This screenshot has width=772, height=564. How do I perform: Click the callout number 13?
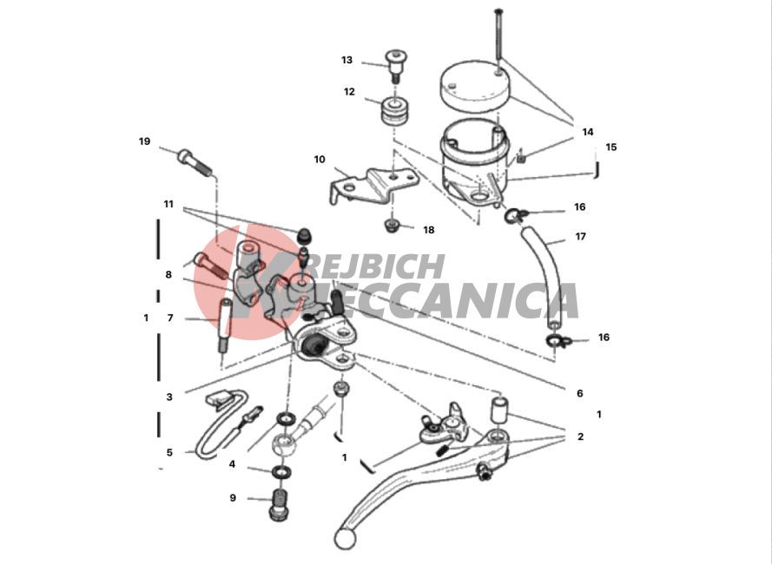point(346,60)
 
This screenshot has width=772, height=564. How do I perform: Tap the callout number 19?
point(144,141)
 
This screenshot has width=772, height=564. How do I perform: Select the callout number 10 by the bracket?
point(320,160)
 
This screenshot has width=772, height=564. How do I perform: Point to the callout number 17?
point(581,237)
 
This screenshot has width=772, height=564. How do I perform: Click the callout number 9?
point(233,498)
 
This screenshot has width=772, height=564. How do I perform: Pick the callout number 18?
point(429,230)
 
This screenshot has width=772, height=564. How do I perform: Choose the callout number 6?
point(580,393)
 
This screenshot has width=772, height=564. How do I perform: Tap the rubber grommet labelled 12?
point(395,112)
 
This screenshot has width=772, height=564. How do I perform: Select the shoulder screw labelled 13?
point(395,66)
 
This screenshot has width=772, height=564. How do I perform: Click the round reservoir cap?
point(475,87)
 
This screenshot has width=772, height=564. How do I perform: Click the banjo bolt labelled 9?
point(280,505)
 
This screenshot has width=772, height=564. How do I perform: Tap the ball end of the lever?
point(345,539)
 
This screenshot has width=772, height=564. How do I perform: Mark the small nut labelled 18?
point(392,226)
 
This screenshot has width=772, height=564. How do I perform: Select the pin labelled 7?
point(225,325)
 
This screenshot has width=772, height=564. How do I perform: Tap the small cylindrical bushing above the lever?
point(499,409)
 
